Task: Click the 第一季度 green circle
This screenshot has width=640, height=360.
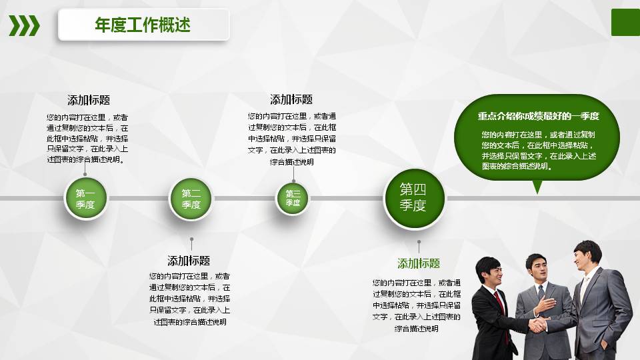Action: (x=85, y=199)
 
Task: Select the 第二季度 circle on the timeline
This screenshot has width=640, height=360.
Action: (x=191, y=199)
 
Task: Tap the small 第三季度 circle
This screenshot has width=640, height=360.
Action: (x=293, y=199)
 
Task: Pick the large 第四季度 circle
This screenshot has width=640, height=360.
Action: (x=413, y=198)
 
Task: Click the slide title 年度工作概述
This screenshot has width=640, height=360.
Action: (x=143, y=25)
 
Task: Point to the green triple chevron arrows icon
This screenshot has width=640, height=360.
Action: (x=24, y=25)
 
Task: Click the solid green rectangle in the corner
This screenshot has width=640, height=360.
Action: (x=625, y=23)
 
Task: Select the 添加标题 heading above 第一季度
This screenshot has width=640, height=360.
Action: (x=89, y=100)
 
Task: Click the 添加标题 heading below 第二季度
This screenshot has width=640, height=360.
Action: (x=189, y=261)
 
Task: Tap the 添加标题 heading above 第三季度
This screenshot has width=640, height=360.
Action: (x=291, y=99)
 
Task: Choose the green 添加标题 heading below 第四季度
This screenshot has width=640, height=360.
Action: (x=419, y=263)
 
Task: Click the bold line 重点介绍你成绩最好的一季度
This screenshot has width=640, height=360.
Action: (x=538, y=116)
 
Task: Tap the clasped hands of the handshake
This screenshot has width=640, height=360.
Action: (x=537, y=324)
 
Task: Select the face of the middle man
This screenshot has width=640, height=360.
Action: (x=537, y=269)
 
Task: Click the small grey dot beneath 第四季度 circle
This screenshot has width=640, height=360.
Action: (x=419, y=242)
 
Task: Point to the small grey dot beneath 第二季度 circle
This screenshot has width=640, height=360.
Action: (x=191, y=239)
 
